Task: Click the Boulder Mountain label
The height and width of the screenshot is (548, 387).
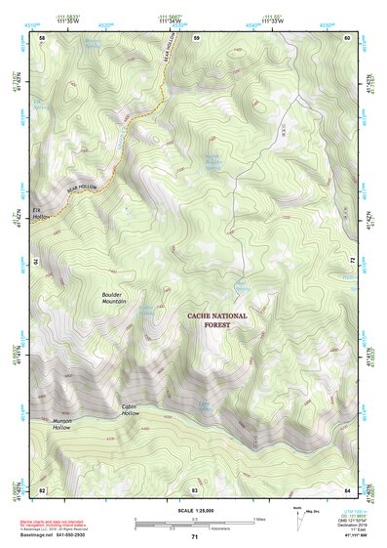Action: [115, 298]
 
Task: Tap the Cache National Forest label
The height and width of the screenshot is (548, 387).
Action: [217, 320]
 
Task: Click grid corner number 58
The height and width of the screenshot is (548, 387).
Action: [42, 37]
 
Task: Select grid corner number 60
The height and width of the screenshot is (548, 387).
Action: [348, 37]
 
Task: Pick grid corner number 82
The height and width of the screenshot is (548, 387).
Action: [42, 488]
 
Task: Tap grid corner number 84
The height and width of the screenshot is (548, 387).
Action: [348, 488]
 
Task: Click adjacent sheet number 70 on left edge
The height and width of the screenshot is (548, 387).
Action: [41, 261]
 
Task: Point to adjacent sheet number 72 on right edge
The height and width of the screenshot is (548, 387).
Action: [350, 261]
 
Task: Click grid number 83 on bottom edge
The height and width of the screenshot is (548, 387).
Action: [194, 488]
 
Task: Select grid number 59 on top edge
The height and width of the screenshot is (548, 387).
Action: [196, 37]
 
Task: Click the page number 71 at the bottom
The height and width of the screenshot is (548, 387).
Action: [194, 536]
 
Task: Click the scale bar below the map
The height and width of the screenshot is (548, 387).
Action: [194, 523]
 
